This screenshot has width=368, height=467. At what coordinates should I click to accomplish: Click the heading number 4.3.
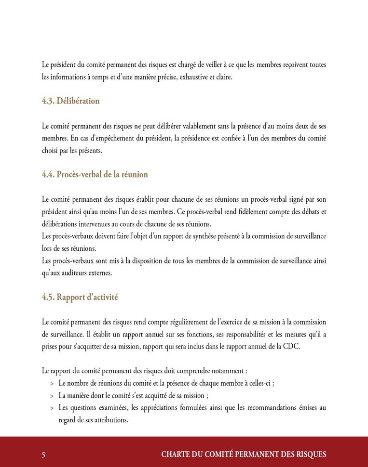pyautogui.click(x=48, y=101)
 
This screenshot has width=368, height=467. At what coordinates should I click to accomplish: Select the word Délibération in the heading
pyautogui.click(x=78, y=101)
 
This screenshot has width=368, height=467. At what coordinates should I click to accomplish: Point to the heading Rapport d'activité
pyautogui.click(x=87, y=297)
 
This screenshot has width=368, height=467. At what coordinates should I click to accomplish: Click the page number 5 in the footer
pyautogui.click(x=44, y=454)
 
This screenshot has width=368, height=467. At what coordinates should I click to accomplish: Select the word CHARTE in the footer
pyautogui.click(x=175, y=454)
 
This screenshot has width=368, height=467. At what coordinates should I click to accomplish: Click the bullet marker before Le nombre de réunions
pyautogui.click(x=52, y=384)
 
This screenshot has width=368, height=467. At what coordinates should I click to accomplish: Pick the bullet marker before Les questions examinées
pyautogui.click(x=52, y=408)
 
